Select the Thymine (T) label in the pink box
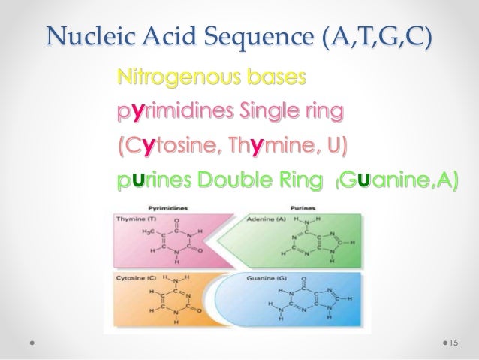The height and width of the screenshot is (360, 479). [x=135, y=219]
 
